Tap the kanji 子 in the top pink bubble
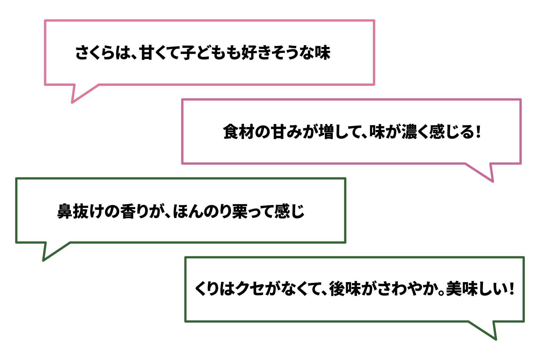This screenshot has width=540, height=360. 188,53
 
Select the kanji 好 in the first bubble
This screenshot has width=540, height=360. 249,53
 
